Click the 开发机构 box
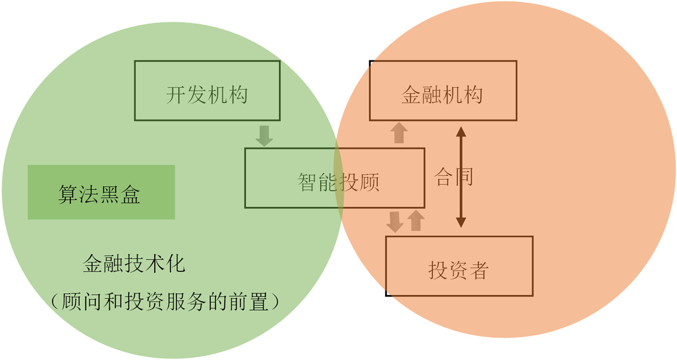coord(207,91)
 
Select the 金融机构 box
coord(443,91)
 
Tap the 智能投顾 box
coord(334,178)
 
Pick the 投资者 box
coord(459,266)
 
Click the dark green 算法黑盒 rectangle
coord(101,192)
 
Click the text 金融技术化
coord(134,264)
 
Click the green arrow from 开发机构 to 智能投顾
coord(264,135)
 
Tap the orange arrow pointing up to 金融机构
coord(399,133)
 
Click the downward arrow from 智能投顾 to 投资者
coord(395,221)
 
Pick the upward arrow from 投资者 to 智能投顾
coord(415,220)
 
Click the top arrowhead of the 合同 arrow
coord(461,131)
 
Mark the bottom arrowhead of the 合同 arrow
coord(461,222)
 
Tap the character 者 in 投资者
coord(479,271)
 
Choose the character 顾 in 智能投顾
coord(370,182)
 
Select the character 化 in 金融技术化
coord(175,264)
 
